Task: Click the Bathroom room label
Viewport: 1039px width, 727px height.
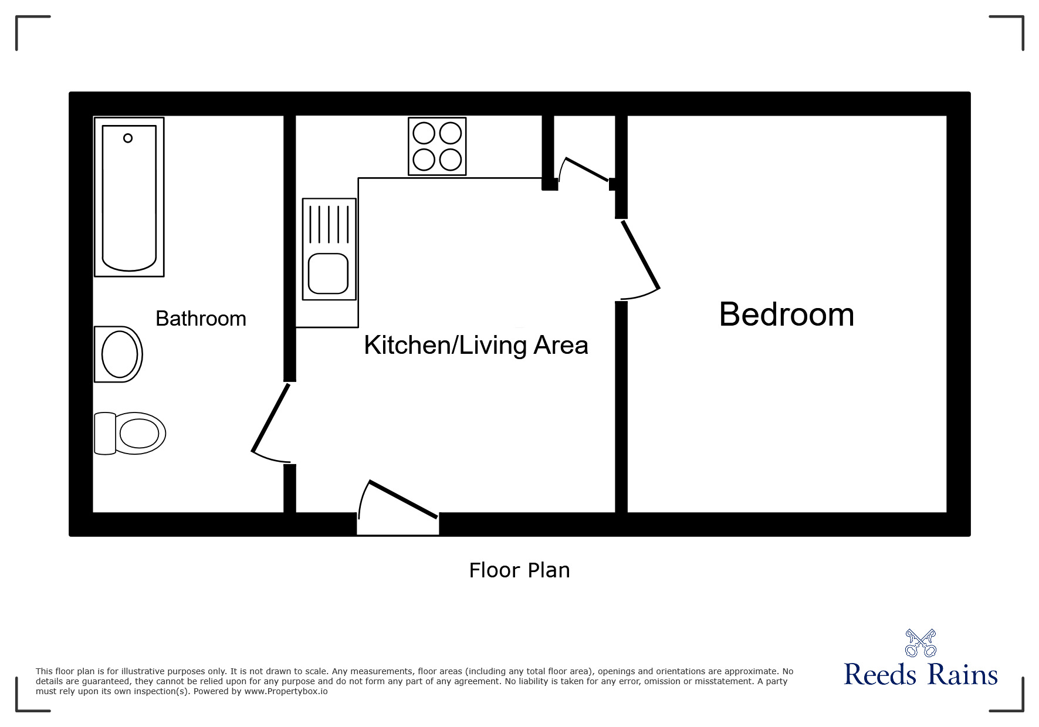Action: pos(201,319)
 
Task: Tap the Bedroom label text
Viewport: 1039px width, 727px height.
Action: pos(786,315)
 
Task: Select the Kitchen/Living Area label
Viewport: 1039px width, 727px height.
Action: pos(476,345)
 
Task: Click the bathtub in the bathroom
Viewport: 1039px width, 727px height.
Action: pos(129,197)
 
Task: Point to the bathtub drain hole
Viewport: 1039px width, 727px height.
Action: pos(128,138)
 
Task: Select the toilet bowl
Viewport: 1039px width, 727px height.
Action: pos(140,434)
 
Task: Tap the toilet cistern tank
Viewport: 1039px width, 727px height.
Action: pos(104,434)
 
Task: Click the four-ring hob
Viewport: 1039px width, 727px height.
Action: pos(437,146)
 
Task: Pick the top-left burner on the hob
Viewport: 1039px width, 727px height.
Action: pos(424,133)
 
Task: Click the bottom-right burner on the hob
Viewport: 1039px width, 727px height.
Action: pos(451,159)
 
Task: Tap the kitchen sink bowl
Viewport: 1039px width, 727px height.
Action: pos(329,273)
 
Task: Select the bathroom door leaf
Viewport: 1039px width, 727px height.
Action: pos(270,417)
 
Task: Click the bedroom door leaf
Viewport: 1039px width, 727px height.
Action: pos(641,254)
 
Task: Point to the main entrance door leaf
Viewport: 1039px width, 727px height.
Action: pos(404,499)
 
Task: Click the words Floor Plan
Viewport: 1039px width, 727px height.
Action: pos(519,570)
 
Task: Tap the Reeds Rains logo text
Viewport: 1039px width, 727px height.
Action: pos(920,675)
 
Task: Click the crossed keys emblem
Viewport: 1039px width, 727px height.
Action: pos(920,643)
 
